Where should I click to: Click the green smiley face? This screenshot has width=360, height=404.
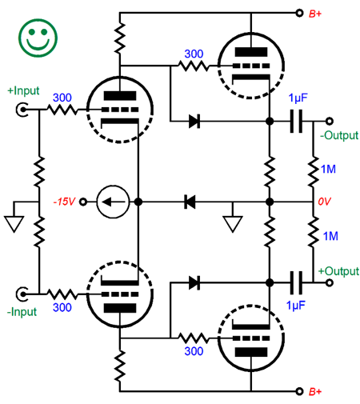[x=38, y=38]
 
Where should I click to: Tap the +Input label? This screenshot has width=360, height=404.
[x=23, y=90]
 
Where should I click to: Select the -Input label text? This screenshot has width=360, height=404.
[x=22, y=312]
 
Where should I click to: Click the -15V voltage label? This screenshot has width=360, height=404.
[x=64, y=202]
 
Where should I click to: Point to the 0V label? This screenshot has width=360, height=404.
[x=324, y=202]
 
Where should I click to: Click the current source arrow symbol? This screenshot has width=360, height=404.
[x=113, y=202]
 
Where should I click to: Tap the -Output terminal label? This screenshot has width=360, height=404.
[x=339, y=135]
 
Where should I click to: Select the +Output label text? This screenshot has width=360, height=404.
[x=338, y=271]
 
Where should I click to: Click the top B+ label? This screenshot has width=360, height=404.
[x=315, y=14]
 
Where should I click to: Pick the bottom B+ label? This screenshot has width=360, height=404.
[x=315, y=391]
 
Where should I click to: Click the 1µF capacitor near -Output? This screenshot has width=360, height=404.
[x=296, y=122]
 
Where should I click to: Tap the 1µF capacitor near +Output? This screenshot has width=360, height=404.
[x=296, y=282]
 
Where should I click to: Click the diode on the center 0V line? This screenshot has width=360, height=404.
[x=190, y=202]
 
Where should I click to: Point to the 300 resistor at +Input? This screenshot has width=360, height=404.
[x=62, y=110]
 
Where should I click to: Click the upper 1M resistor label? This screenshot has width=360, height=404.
[x=328, y=169]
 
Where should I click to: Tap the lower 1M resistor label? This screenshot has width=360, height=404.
[x=330, y=236]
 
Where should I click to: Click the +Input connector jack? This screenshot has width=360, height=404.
[x=22, y=110]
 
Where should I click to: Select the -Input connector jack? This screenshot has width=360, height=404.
[x=22, y=294]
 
